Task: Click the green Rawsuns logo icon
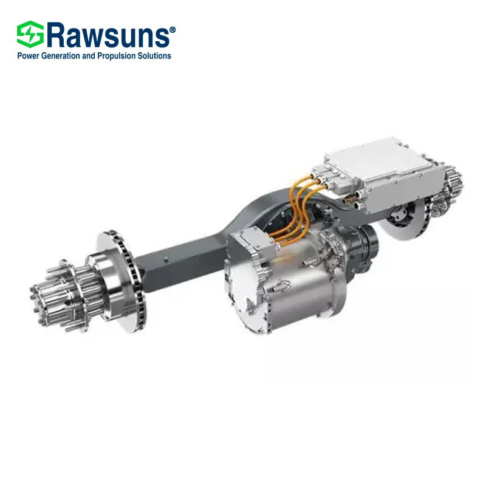[30, 35]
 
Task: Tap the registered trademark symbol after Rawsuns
[173, 29]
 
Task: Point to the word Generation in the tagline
[60, 56]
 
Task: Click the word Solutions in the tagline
[154, 56]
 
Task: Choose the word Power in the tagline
[27, 56]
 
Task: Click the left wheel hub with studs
[57, 291]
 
